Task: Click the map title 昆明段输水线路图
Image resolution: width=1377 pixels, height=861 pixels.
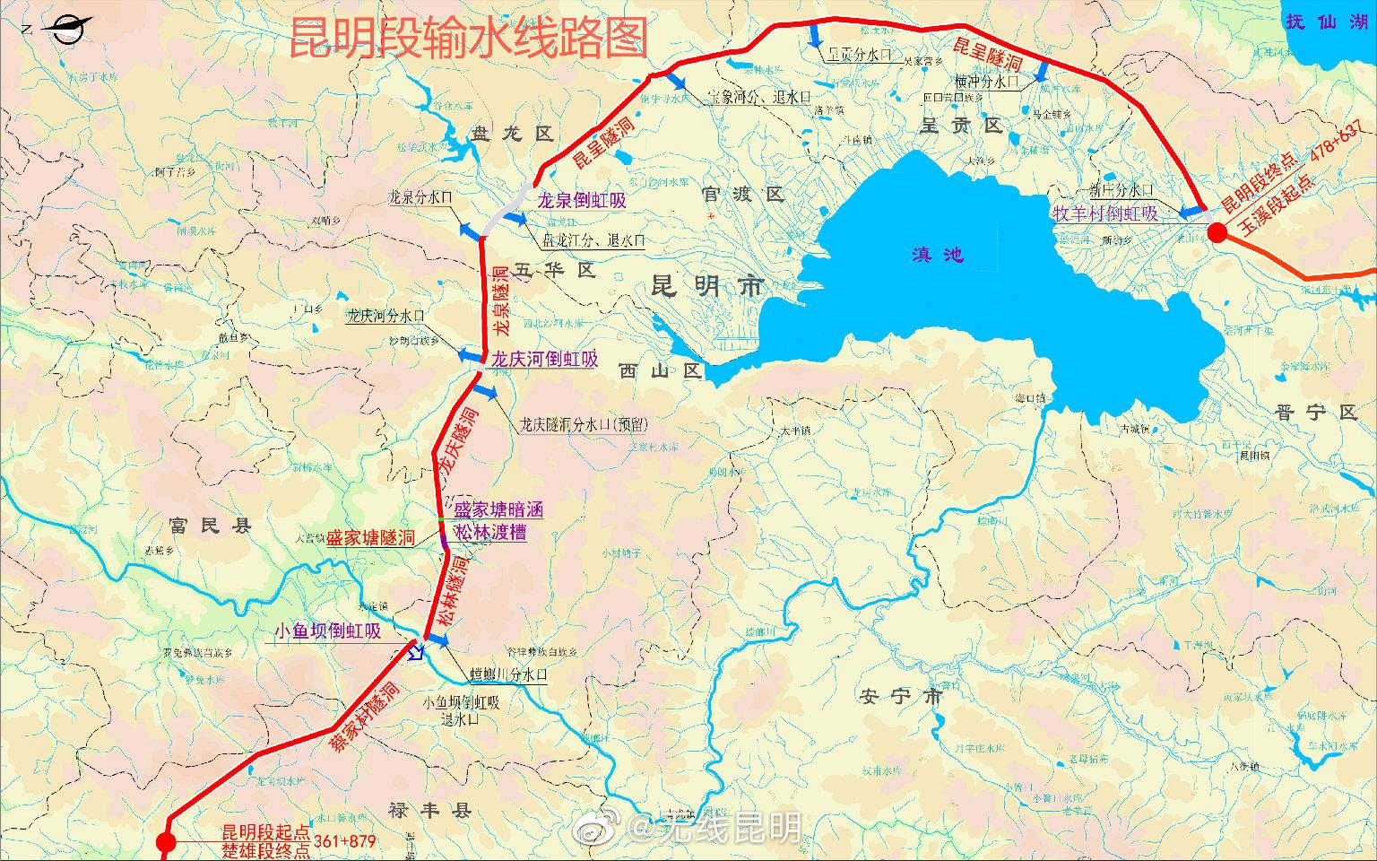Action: point(468,37)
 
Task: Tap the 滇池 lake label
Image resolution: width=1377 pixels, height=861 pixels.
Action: point(938,255)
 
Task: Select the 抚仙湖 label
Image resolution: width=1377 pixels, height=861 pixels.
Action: point(1326,22)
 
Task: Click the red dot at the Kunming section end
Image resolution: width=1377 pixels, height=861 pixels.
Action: point(1217,233)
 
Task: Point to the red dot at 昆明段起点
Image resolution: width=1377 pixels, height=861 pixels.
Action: point(165,842)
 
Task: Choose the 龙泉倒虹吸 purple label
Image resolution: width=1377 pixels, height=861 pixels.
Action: point(581,201)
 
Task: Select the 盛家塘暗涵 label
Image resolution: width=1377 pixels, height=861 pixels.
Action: point(498,509)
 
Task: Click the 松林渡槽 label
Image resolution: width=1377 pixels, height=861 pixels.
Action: point(489,532)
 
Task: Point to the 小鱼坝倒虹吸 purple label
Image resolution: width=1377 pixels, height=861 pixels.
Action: point(328,631)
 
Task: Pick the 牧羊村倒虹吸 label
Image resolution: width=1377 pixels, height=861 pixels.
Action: point(1104,213)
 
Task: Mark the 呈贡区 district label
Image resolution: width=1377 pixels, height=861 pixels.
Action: point(960,126)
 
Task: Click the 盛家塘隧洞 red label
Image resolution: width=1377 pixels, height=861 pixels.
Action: point(370,538)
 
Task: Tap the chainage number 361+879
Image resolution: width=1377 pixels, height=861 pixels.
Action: point(345,841)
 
